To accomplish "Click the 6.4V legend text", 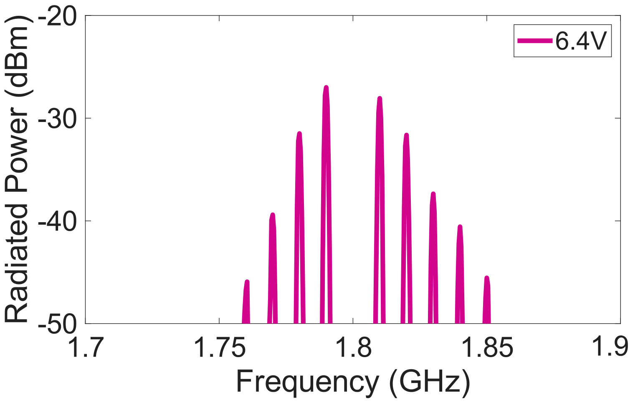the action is coord(581,41).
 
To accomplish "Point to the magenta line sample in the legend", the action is coord(535,41).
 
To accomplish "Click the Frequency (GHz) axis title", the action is coord(353,381).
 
